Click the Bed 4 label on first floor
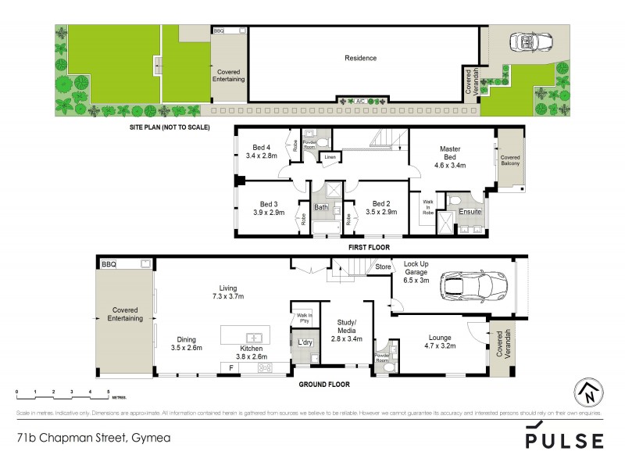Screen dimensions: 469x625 261,147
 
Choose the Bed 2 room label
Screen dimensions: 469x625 380,202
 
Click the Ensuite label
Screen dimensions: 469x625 470,212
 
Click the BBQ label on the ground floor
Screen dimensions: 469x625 109,265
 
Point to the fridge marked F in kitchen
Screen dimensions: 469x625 232,367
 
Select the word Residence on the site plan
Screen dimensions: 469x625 361,58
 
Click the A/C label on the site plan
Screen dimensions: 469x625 361,101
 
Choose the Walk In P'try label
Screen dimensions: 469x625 305,320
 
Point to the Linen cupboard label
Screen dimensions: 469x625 330,157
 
